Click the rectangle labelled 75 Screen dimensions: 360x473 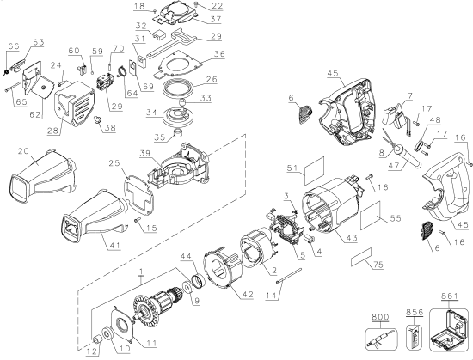point(365,255)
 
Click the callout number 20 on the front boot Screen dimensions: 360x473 point(23,150)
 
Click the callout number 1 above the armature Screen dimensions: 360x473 point(142,272)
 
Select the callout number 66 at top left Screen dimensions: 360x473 point(13,46)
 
